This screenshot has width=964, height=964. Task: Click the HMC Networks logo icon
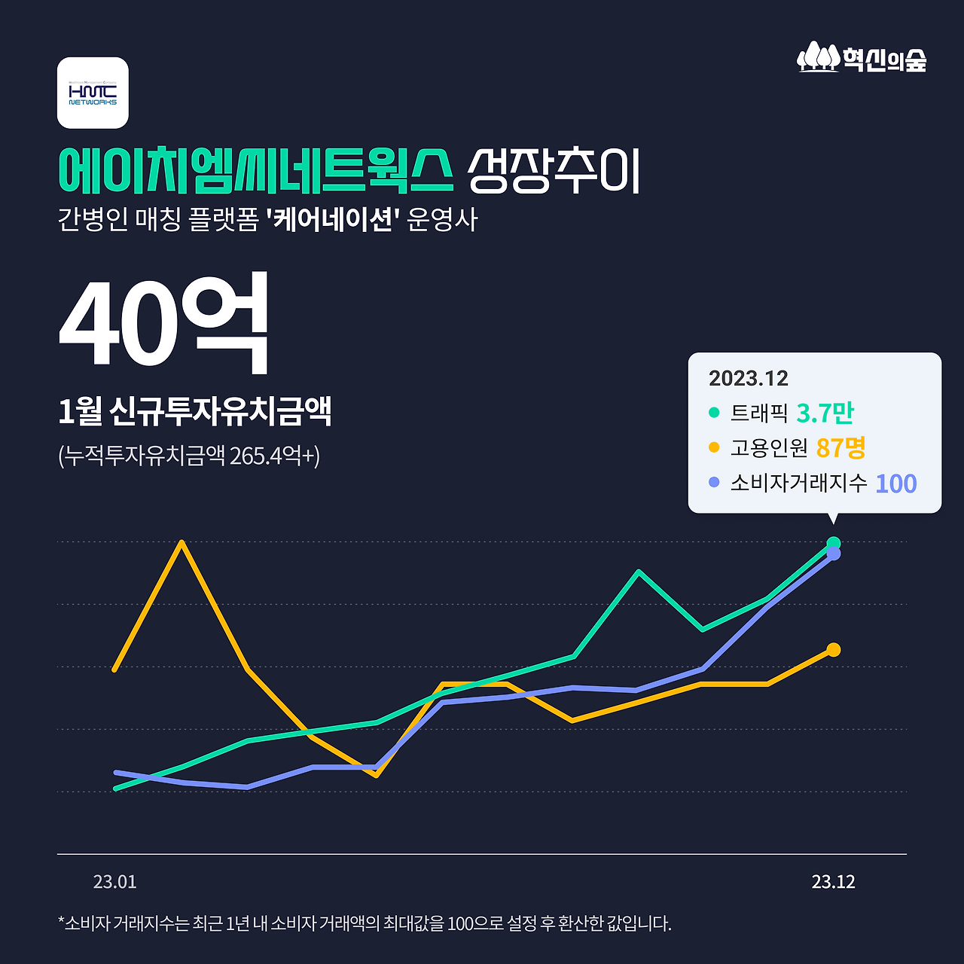(x=93, y=93)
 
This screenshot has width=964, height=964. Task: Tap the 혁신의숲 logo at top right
(x=862, y=58)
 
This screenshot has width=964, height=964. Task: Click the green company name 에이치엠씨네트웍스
(x=256, y=170)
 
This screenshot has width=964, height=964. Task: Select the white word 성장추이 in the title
(x=554, y=171)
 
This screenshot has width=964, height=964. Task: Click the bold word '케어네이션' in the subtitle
(x=332, y=220)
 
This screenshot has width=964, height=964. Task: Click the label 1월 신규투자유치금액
(x=194, y=411)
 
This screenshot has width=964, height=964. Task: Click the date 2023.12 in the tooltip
(x=748, y=378)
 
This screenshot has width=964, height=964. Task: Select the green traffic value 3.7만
(x=825, y=413)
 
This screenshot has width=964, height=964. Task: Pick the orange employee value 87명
(x=840, y=448)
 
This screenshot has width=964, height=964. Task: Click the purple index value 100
(x=895, y=484)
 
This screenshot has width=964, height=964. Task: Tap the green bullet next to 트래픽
(x=714, y=413)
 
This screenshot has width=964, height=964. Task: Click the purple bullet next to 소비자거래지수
(x=714, y=483)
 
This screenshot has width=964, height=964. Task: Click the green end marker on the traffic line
(x=833, y=543)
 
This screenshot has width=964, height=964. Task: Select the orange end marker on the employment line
(x=833, y=649)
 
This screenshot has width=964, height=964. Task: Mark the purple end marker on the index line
(x=833, y=554)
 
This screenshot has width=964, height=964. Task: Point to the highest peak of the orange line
(x=182, y=542)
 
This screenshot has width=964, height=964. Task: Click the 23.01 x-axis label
(x=114, y=882)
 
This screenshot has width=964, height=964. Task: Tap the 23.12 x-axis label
(x=833, y=882)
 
